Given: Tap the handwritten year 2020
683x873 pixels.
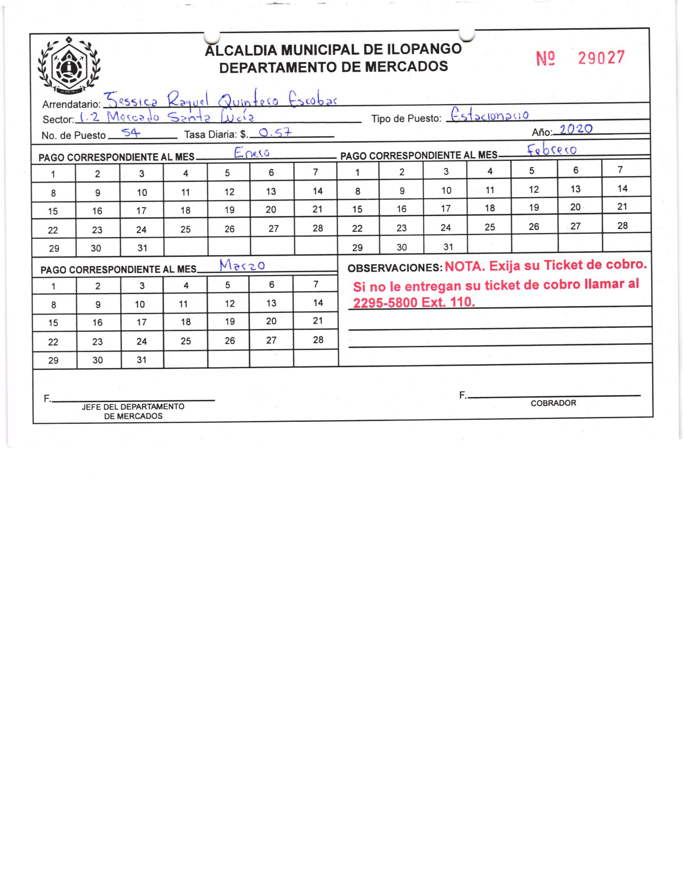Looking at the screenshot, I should tap(576, 129).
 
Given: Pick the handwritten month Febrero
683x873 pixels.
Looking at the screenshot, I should tap(552, 150).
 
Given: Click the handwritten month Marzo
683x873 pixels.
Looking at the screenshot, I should tap(242, 265).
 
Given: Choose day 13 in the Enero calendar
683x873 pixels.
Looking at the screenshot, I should tap(271, 192).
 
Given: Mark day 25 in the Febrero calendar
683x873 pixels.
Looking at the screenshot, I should tap(490, 227).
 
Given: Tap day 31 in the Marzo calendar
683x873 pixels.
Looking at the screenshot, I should tap(142, 360).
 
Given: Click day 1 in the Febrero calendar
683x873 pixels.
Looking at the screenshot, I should tap(357, 173).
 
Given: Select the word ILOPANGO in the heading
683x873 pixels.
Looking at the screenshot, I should tap(424, 49).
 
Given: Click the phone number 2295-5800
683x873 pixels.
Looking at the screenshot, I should tap(385, 303).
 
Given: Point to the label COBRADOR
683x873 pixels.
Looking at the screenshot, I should tap(553, 403).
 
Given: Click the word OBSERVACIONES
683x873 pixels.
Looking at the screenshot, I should tap(395, 268).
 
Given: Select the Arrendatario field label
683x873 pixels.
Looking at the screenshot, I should tap(71, 105).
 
